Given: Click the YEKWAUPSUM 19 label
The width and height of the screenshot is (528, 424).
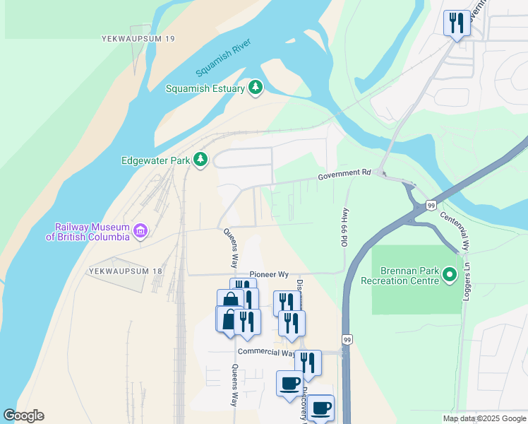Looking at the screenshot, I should (x=138, y=38).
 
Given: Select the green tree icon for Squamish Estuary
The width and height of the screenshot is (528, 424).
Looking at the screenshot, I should (x=256, y=88).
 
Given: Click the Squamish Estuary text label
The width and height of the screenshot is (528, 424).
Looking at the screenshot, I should (x=205, y=88).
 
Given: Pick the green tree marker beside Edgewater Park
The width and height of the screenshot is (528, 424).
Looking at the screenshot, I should (x=201, y=160).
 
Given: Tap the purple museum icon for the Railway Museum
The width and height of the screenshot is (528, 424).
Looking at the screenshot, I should (x=140, y=231).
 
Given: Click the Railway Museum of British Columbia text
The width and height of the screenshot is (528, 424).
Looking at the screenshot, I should (x=88, y=232).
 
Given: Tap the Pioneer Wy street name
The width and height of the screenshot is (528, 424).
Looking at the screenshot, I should (x=269, y=274).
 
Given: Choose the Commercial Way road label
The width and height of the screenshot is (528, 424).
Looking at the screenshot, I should (x=266, y=352).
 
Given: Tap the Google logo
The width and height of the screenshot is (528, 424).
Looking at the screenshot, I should (x=23, y=416).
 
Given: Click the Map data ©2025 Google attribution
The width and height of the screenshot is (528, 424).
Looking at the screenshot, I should (x=484, y=418).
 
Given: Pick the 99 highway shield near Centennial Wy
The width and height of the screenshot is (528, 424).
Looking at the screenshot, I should (x=430, y=205).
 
